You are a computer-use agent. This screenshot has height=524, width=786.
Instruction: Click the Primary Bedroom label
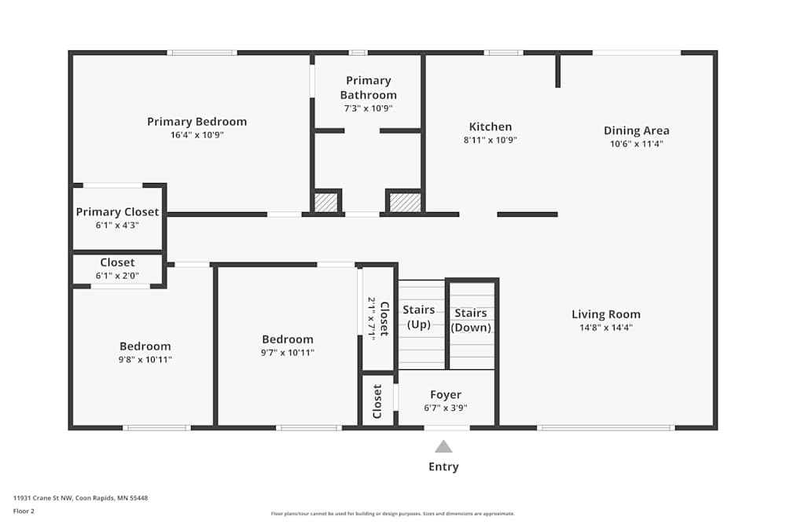click(196, 122)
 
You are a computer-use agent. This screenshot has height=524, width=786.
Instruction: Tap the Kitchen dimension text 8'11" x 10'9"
click(490, 141)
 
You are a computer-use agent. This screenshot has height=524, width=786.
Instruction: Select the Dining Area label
click(637, 130)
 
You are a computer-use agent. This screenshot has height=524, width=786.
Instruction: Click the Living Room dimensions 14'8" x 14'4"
click(606, 328)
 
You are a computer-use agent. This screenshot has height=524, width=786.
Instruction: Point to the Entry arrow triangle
click(443, 447)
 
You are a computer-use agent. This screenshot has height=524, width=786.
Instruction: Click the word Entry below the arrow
click(443, 467)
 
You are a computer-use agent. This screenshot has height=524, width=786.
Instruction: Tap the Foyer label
click(446, 394)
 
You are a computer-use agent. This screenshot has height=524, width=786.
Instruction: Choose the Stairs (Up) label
click(419, 317)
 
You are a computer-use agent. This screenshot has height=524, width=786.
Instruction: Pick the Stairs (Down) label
click(472, 321)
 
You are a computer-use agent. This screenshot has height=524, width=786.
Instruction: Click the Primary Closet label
click(117, 212)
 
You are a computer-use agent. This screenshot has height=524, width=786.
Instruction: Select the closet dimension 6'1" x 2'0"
click(117, 276)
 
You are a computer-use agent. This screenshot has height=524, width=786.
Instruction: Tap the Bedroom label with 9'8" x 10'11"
click(145, 346)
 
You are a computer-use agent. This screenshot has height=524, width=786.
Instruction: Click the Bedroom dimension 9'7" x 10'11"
click(288, 353)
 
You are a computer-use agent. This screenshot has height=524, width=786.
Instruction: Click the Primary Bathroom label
click(368, 87)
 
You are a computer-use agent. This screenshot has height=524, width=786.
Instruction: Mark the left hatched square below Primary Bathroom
click(325, 203)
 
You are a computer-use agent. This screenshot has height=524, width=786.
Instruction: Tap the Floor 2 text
click(24, 511)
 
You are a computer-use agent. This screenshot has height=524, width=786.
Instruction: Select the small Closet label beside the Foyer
click(378, 401)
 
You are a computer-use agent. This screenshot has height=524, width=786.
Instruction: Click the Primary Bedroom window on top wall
click(202, 53)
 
